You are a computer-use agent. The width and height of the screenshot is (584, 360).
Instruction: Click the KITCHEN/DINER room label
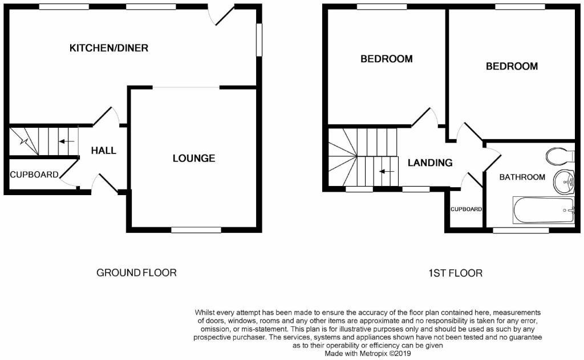click(109, 48)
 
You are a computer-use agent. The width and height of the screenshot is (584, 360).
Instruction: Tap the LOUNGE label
click(194, 158)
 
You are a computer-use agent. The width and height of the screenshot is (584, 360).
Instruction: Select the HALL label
click(104, 151)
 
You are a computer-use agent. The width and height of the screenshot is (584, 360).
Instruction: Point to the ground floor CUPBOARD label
click(34, 175)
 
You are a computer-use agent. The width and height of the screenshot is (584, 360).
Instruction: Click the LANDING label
click(430, 163)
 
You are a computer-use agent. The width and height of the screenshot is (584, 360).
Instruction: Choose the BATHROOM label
click(522, 177)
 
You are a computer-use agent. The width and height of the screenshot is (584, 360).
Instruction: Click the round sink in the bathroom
click(565, 183)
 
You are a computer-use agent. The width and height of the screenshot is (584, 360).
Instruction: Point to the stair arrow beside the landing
click(388, 171)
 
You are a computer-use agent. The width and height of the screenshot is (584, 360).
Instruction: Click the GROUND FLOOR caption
click(136, 273)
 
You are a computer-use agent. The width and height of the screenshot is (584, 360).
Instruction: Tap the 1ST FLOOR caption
click(455, 273)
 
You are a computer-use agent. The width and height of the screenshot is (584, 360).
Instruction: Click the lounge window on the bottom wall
click(196, 230)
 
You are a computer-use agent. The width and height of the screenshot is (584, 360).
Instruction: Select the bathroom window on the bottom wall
click(521, 230)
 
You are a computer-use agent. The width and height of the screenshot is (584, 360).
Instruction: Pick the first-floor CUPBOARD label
click(466, 209)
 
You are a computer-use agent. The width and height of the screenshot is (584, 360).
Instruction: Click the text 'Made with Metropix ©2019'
click(368, 354)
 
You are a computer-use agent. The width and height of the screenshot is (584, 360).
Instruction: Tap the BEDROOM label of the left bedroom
click(386, 59)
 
